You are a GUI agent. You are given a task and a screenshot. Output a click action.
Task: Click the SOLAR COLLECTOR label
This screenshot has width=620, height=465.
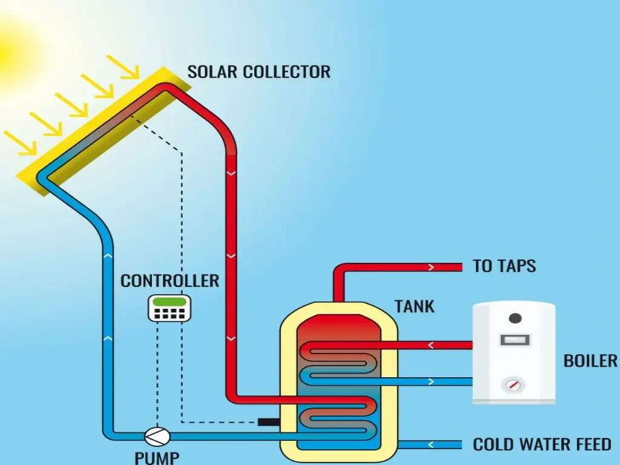coord(259,71)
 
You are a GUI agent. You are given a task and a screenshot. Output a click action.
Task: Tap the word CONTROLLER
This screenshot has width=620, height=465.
coord(170,281)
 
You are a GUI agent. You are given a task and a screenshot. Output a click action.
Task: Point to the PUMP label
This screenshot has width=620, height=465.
coord(157,457)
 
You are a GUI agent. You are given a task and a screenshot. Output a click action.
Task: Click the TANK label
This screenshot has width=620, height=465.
coord(415,306)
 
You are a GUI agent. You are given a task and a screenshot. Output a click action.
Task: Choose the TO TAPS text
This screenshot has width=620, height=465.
coord(504,266)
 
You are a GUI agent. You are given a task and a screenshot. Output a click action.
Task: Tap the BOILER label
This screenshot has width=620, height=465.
coord(590,361)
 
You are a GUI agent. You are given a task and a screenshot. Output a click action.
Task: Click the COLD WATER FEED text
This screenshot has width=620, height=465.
coord(542,444)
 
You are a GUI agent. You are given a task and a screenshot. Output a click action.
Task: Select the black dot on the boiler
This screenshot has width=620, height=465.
coord(515,318)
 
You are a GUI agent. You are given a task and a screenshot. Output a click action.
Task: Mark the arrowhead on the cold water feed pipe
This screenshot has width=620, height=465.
coord(432,445)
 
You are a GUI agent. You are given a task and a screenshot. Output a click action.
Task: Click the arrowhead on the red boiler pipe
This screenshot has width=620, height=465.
coord(432,345)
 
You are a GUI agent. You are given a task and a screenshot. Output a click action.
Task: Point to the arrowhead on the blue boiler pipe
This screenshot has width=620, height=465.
coord(432,381)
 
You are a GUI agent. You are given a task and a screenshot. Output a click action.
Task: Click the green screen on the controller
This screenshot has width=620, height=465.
coord(170,301)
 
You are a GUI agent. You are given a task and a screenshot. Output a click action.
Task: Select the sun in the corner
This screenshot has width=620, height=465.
coord(9,51)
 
